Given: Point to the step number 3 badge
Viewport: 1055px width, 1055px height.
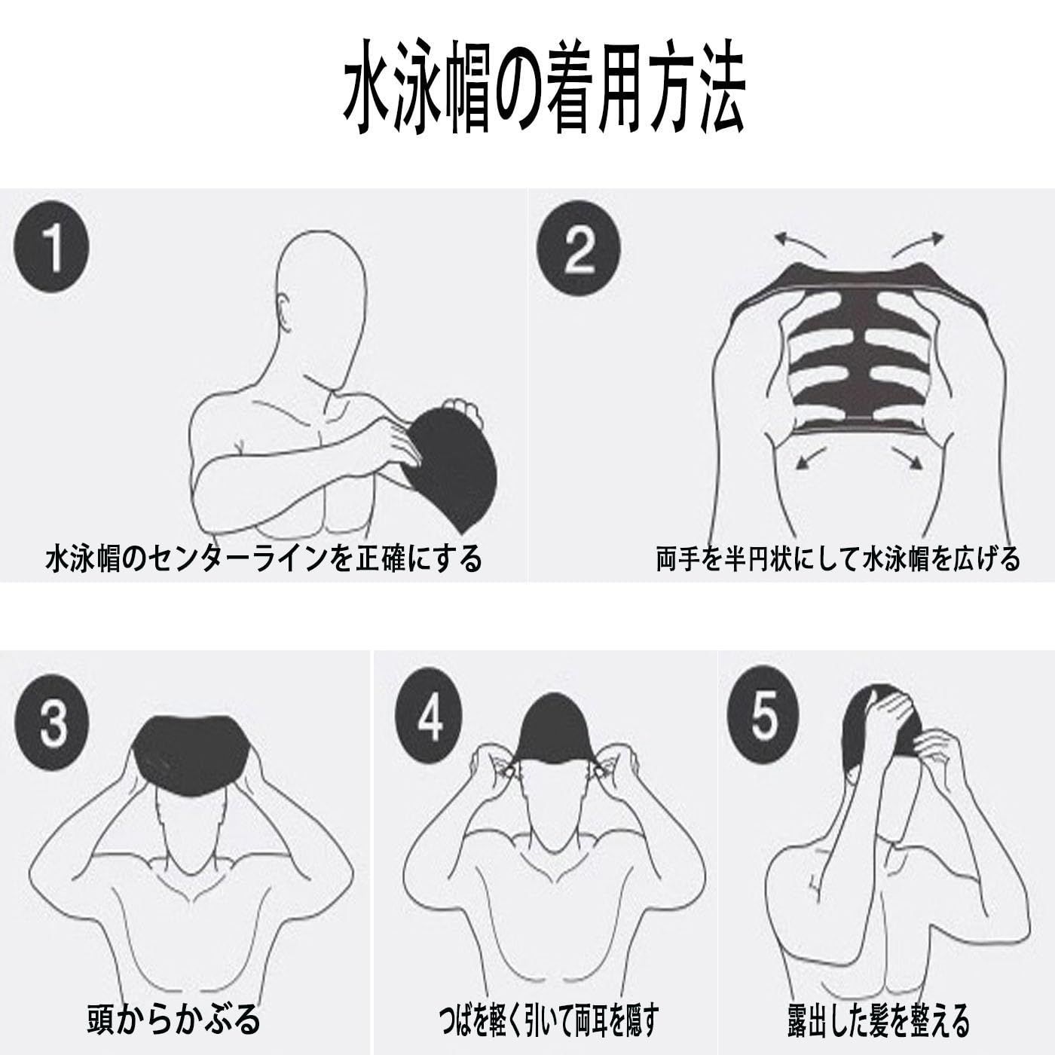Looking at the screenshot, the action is point(51,726).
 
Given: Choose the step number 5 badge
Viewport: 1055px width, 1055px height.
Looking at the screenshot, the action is point(763,714).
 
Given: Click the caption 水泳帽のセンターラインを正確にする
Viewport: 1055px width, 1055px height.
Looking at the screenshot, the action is point(264,558).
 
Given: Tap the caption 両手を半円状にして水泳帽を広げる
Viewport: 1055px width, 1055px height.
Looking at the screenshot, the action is point(838,558).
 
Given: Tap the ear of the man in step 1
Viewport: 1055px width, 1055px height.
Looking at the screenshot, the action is point(283,315).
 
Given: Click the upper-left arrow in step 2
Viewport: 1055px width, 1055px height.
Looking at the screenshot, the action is point(800,243).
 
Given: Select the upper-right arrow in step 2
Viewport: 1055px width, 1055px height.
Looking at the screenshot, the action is point(918,243).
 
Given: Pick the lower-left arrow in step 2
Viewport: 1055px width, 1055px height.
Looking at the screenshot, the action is point(810,457).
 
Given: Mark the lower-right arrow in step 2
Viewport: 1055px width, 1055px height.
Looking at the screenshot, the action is point(907,457).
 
